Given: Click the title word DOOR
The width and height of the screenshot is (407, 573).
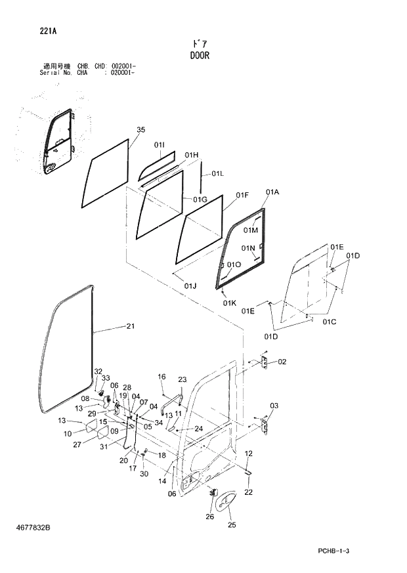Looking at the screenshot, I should (198, 56).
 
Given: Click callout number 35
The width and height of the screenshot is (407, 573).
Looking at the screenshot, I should (140, 130).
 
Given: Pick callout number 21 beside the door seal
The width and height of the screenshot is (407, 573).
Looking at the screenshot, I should (131, 326).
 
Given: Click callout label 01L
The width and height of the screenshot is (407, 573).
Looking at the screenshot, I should (217, 174).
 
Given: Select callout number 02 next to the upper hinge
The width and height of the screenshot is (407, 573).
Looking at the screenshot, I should (282, 362).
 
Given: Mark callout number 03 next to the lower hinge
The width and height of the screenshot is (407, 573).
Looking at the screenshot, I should (274, 406).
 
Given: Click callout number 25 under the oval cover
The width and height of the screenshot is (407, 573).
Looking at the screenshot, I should (232, 524).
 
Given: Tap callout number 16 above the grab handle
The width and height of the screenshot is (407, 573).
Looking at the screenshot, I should (161, 377).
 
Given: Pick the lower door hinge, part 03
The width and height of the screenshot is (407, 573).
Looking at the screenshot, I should (265, 425).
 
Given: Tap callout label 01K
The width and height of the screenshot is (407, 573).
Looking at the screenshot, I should (229, 303).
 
